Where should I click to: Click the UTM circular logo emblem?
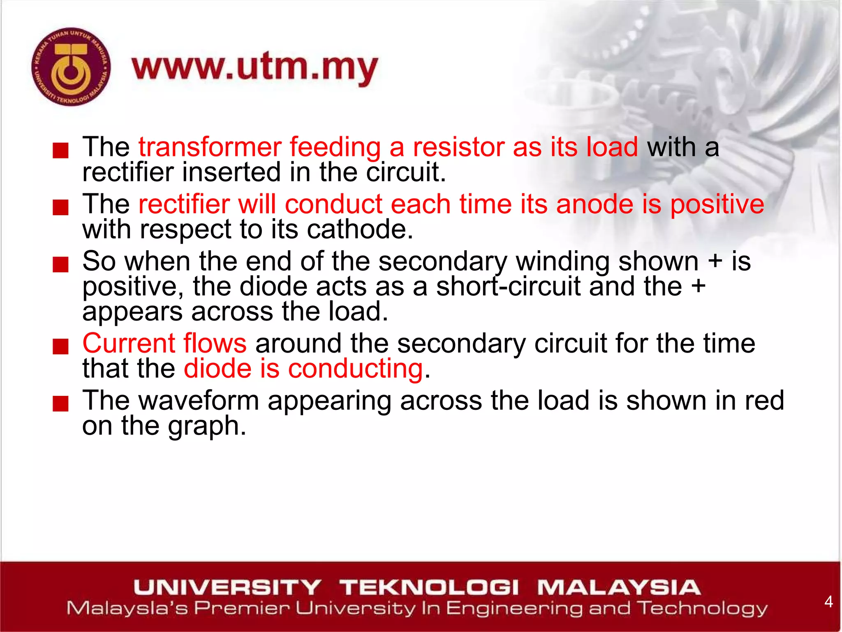(71, 67)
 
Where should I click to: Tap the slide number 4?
(828, 602)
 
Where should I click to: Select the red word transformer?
(210, 147)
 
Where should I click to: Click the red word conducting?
(356, 368)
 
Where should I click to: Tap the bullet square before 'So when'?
(60, 265)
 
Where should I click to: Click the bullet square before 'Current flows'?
(60, 346)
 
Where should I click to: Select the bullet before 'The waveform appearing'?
(60, 404)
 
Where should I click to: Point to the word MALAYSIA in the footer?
(619, 587)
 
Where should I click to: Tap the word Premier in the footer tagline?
(242, 609)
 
